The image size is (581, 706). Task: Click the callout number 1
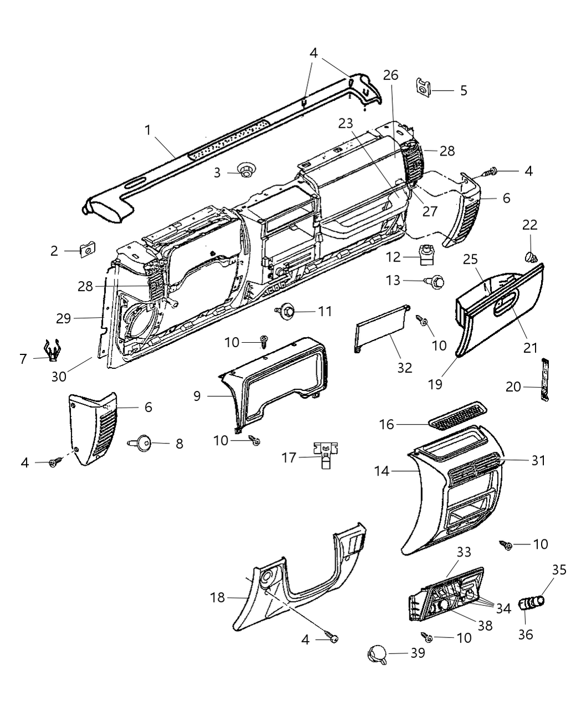click(x=148, y=130)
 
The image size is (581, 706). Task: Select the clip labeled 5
click(x=423, y=87)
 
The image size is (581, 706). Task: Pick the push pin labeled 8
click(x=143, y=442)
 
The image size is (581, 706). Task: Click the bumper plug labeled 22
click(x=529, y=256)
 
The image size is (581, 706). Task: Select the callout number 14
click(x=382, y=471)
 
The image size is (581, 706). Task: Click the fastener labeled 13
click(x=436, y=282)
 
